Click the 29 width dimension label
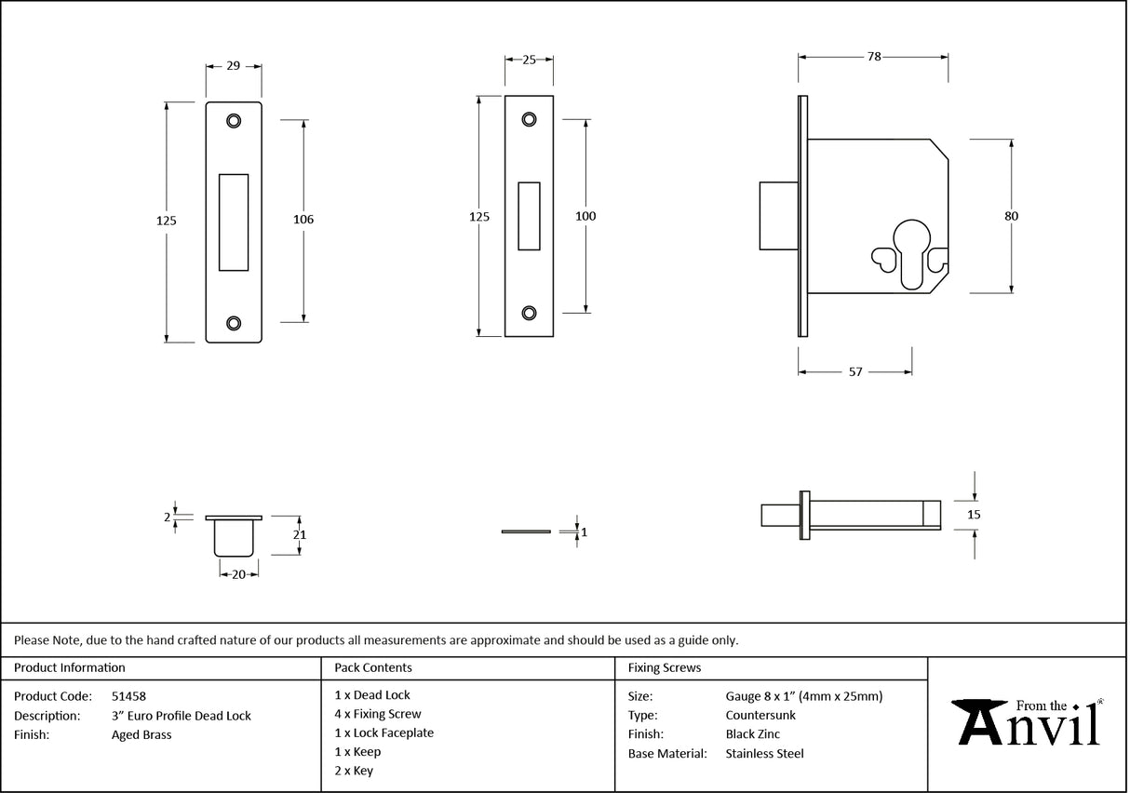point(233,65)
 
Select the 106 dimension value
point(303,220)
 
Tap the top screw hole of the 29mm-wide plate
point(233,120)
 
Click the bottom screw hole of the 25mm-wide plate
point(529,313)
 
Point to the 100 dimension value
point(585,216)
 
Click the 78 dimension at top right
point(873,57)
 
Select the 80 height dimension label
point(1011,216)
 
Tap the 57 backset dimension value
point(854,371)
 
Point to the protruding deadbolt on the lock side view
point(778,216)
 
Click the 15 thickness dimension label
point(975,514)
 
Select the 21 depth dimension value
point(300,535)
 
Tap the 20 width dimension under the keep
point(238,574)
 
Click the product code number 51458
point(128,695)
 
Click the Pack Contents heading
point(373,667)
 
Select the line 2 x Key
point(354,771)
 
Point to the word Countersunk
point(760,715)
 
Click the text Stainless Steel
point(764,754)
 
